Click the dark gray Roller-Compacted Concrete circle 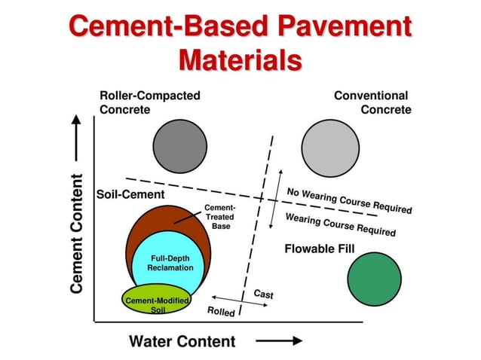pyautogui.click(x=179, y=145)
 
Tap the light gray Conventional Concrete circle pyautogui.click(x=329, y=145)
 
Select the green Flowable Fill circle pyautogui.click(x=375, y=279)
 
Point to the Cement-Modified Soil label pyautogui.click(x=157, y=304)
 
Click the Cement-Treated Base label pyautogui.click(x=220, y=216)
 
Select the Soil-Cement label pyautogui.click(x=130, y=194)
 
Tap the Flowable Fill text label pyautogui.click(x=319, y=249)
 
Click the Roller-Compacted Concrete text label pyautogui.click(x=150, y=102)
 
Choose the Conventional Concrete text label pyautogui.click(x=373, y=102)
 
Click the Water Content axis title pyautogui.click(x=182, y=341)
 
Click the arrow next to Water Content pyautogui.click(x=280, y=341)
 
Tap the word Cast pyautogui.click(x=263, y=294)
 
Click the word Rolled pyautogui.click(x=221, y=311)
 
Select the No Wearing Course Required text pyautogui.click(x=348, y=200)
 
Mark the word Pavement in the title pyautogui.click(x=342, y=27)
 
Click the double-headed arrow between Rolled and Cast pyautogui.click(x=229, y=299)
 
